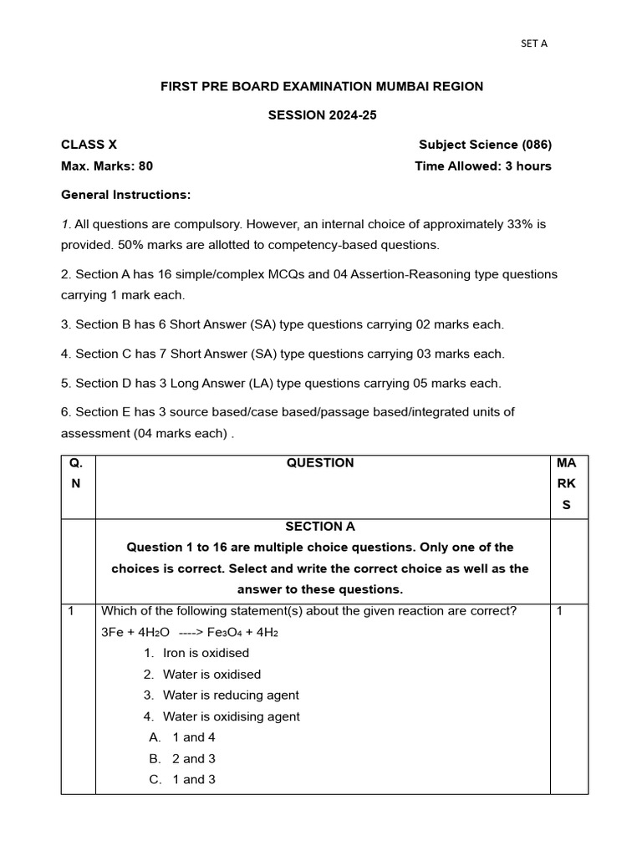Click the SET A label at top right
pyautogui.click(x=533, y=43)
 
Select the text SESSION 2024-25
pyautogui.click(x=322, y=115)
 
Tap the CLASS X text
pyautogui.click(x=83, y=145)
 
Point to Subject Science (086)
pyautogui.click(x=485, y=145)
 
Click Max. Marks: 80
pyautogui.click(x=107, y=166)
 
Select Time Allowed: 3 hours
pyautogui.click(x=482, y=166)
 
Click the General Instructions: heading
pyautogui.click(x=126, y=195)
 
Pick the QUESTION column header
pyautogui.click(x=320, y=463)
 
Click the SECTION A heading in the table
pyautogui.click(x=320, y=527)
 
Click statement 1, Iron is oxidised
pyautogui.click(x=206, y=653)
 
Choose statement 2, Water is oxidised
pyautogui.click(x=211, y=675)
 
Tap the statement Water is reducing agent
pyautogui.click(x=231, y=695)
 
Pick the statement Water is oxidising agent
pyautogui.click(x=232, y=716)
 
